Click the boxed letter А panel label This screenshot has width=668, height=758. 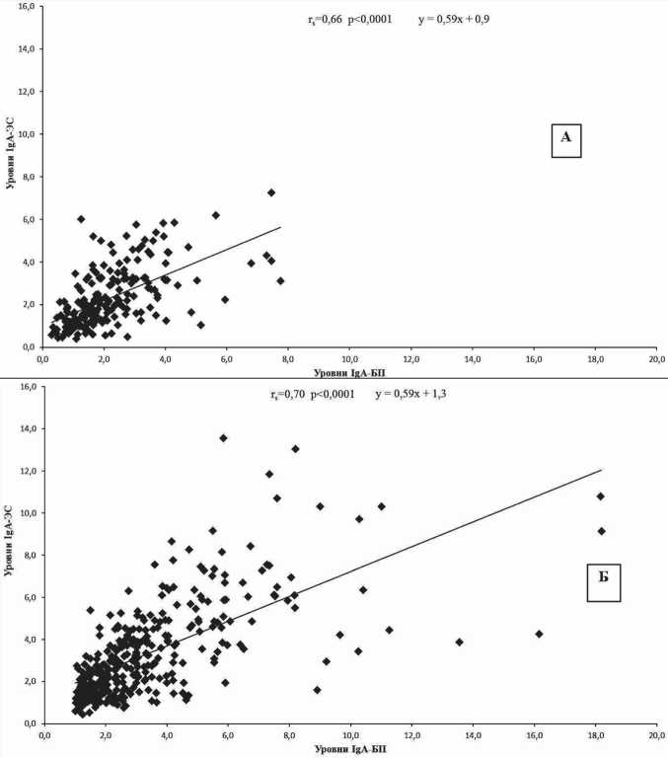pyautogui.click(x=565, y=139)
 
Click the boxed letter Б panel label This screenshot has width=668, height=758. pyautogui.click(x=595, y=582)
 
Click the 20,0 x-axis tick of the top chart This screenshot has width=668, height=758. pyautogui.click(x=654, y=358)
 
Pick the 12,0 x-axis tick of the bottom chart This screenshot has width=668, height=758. pyautogui.click(x=410, y=735)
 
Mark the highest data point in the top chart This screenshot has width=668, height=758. pyautogui.click(x=270, y=192)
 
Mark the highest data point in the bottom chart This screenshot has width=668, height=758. pyautogui.click(x=223, y=437)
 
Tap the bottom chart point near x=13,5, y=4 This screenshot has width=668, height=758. pyautogui.click(x=459, y=642)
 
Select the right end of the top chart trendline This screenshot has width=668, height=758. pyautogui.click(x=280, y=227)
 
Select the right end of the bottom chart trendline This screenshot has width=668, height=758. pyautogui.click(x=600, y=470)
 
